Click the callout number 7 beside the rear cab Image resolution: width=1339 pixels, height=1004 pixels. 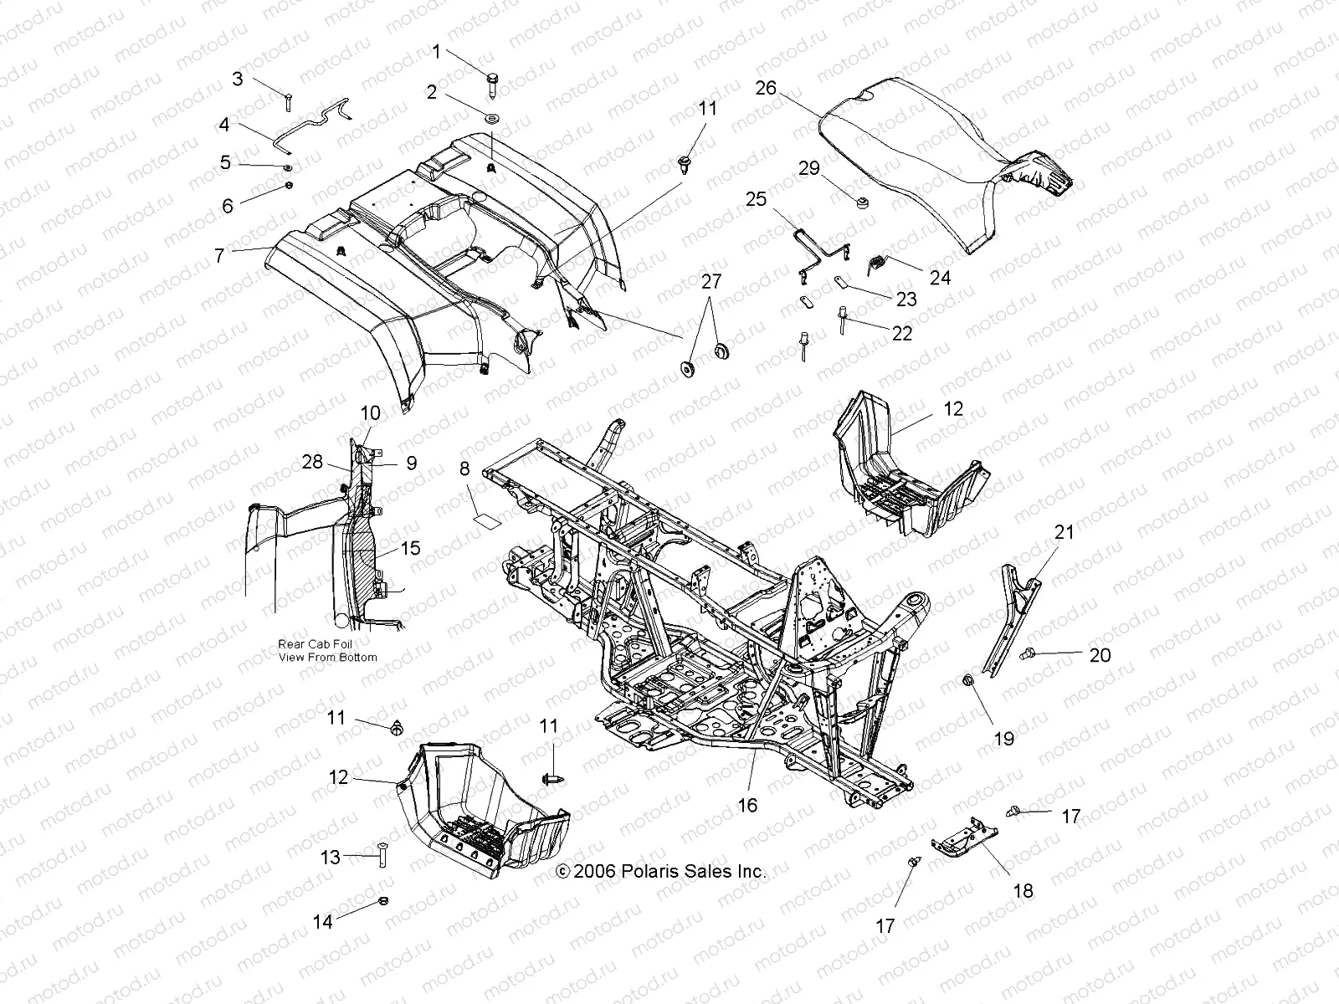[x=220, y=255]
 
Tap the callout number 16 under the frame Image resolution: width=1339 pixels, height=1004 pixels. [x=747, y=805]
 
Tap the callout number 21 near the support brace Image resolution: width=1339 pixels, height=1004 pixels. [x=1064, y=531]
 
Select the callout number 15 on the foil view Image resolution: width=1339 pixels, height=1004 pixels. [x=411, y=548]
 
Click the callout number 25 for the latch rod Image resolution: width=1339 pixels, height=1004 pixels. [x=779, y=199]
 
